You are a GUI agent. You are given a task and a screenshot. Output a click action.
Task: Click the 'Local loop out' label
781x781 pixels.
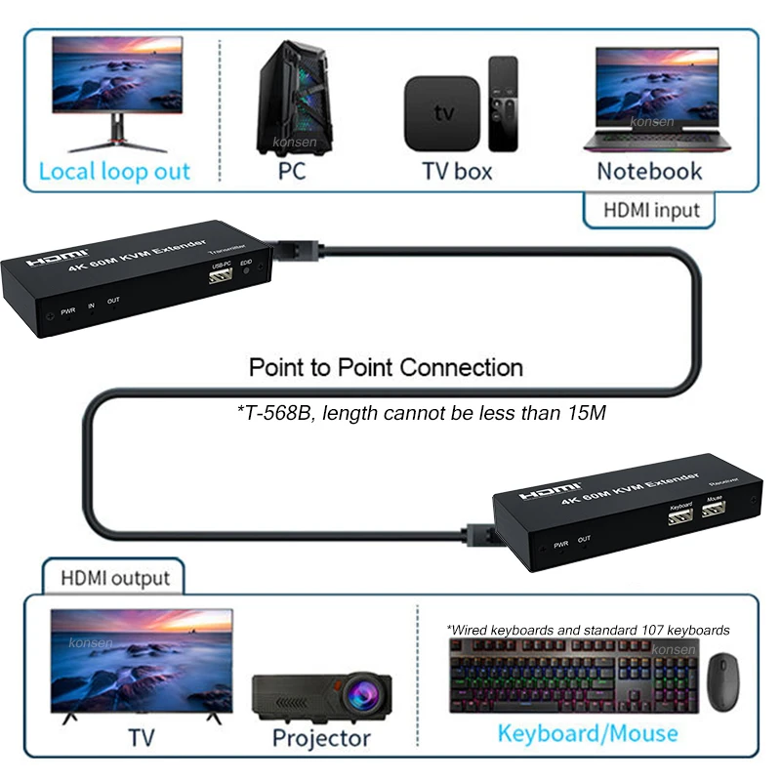(114, 172)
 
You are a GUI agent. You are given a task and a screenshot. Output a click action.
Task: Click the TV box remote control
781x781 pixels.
(503, 103)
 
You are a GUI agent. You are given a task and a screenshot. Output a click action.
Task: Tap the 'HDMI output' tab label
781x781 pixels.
(115, 578)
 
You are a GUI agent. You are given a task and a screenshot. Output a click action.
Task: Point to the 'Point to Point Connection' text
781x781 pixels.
(386, 368)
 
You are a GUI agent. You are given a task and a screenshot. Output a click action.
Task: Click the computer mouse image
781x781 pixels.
(723, 681)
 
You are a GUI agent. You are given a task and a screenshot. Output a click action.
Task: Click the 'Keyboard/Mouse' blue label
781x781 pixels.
(588, 732)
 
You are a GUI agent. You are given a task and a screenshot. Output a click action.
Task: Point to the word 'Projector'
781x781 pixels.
(321, 737)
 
